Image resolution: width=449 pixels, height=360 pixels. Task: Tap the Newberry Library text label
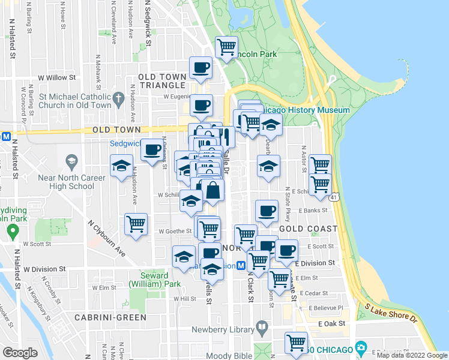point(224,329)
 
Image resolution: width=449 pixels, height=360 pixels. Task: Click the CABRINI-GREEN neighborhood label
point(110,317)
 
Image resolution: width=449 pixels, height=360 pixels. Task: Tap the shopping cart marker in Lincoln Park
point(227,46)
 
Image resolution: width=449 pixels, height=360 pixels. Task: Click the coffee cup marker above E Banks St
point(267,210)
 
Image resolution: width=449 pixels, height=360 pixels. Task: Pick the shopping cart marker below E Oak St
point(296,343)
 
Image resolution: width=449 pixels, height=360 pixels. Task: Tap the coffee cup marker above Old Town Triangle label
point(201,67)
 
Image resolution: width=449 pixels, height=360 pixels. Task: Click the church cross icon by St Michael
point(118,98)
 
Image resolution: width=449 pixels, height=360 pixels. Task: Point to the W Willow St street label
point(57,77)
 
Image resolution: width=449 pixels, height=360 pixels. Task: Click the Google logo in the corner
point(20,352)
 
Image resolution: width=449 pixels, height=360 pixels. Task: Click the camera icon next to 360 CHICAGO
point(361,347)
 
